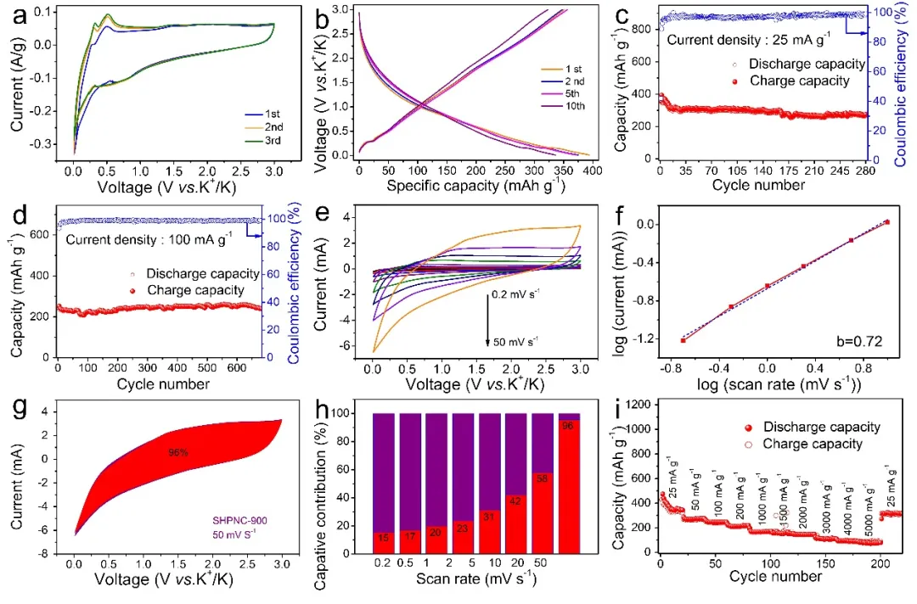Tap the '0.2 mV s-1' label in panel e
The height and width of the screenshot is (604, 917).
[518, 294]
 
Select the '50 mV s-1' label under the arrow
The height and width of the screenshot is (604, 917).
[517, 341]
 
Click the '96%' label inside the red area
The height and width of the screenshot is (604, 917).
[177, 453]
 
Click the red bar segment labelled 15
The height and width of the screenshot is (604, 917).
[384, 539]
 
